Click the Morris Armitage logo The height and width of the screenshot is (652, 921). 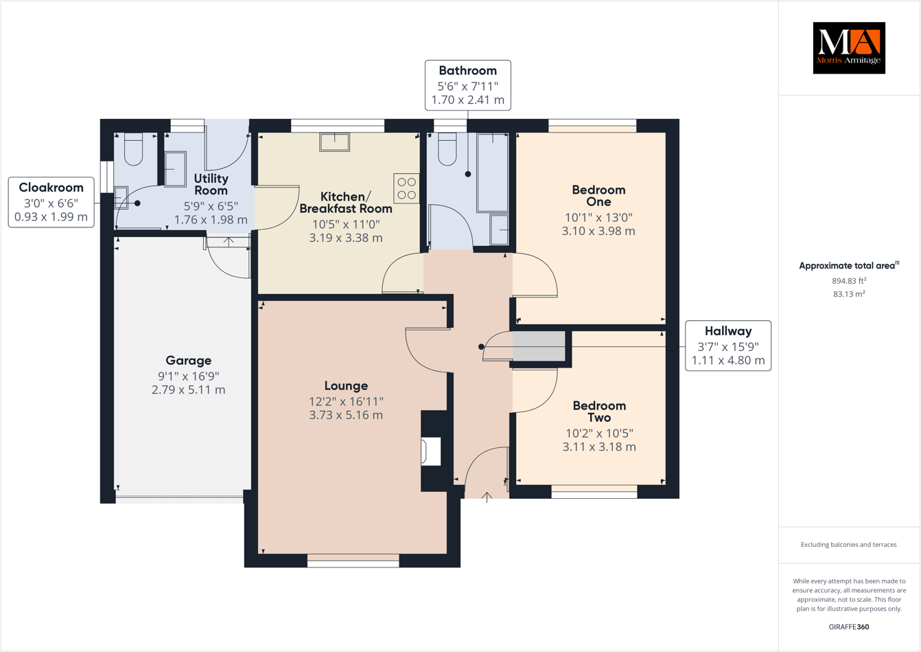pos(848,47)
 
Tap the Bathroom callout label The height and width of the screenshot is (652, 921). pos(467,85)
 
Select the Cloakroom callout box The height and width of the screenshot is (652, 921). pos(51,202)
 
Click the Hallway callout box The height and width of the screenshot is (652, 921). pos(727,346)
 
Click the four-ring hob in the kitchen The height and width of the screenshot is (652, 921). pos(406,188)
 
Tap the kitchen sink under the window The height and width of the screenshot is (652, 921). pos(334,142)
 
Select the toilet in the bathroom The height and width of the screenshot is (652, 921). pos(447,149)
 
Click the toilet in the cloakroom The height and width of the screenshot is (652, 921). pos(133,149)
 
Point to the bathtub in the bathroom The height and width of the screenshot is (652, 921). pos(492,172)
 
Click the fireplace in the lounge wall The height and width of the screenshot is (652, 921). pos(431,451)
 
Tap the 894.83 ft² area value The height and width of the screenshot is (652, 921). pos(848,280)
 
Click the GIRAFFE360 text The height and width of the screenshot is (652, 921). pos(848,627)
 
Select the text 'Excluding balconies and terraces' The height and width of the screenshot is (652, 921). pos(848,545)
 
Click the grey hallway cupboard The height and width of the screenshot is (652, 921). pos(539,346)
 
